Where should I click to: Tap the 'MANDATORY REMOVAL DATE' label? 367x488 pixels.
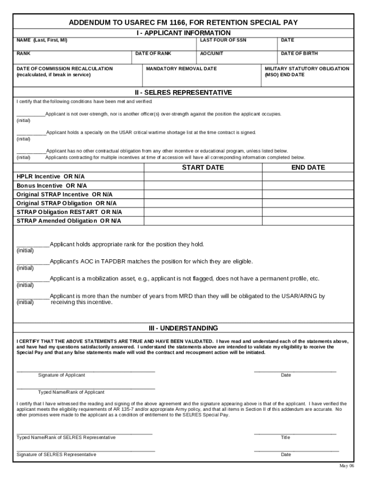(181, 69)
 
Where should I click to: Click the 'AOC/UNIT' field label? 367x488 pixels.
(212, 53)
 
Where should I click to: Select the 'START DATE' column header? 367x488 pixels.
(203, 167)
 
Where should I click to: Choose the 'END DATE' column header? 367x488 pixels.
(308, 167)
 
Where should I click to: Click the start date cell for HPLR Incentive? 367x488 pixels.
(203, 177)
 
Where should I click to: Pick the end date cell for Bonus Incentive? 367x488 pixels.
(308, 185)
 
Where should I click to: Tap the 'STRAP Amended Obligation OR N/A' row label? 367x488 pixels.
(69, 221)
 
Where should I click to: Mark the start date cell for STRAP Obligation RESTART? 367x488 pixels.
(203, 212)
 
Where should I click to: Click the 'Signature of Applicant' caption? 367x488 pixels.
(61, 375)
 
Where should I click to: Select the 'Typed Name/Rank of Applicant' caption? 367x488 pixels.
(71, 392)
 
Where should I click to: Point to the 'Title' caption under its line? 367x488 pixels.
(285, 437)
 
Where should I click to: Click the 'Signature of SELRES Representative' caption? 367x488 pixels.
(56, 455)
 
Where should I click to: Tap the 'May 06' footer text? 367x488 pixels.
(347, 466)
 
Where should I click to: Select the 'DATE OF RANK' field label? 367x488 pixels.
(153, 53)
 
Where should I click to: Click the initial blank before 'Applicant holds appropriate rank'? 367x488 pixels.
(33, 245)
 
